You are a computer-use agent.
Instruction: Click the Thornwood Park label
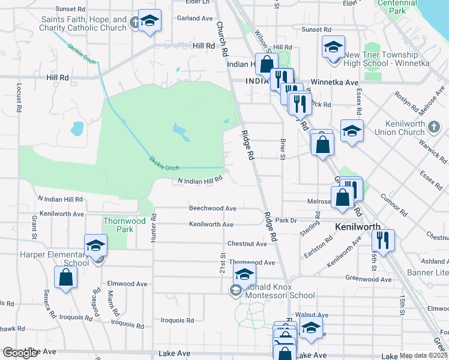(x=124, y=225)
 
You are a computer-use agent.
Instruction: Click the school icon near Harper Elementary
(x=95, y=245)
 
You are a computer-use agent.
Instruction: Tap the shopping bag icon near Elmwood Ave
(x=65, y=278)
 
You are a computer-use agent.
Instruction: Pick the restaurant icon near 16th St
(x=382, y=241)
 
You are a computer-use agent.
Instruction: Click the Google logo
(x=20, y=353)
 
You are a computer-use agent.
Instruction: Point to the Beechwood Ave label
(x=212, y=208)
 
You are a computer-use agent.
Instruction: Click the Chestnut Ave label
(x=247, y=244)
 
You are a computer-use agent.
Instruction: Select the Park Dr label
(x=286, y=220)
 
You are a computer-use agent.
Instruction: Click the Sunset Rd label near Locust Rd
(x=70, y=9)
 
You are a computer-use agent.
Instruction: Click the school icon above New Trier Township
(x=333, y=47)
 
